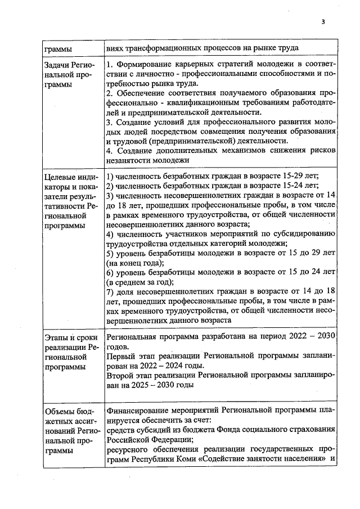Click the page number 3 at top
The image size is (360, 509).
tap(323, 22)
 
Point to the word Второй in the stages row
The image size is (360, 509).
tap(121, 376)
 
